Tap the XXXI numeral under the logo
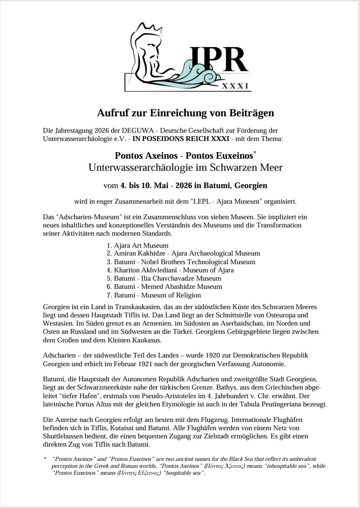click(x=236, y=86)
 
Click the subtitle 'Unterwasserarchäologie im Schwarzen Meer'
click(x=185, y=167)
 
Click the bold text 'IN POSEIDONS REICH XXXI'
click(x=181, y=138)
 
